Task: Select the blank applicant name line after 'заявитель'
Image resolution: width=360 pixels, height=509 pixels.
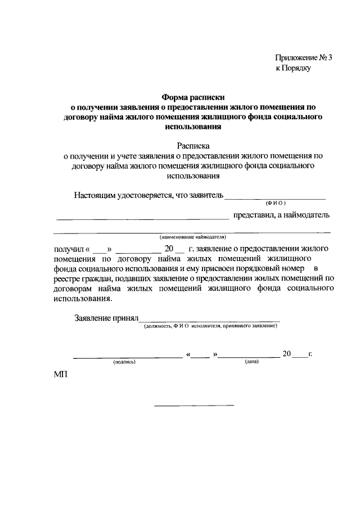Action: point(276,199)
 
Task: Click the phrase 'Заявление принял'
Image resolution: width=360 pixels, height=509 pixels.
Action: point(106,318)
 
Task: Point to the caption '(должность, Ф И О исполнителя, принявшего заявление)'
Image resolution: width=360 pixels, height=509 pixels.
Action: point(210,326)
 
